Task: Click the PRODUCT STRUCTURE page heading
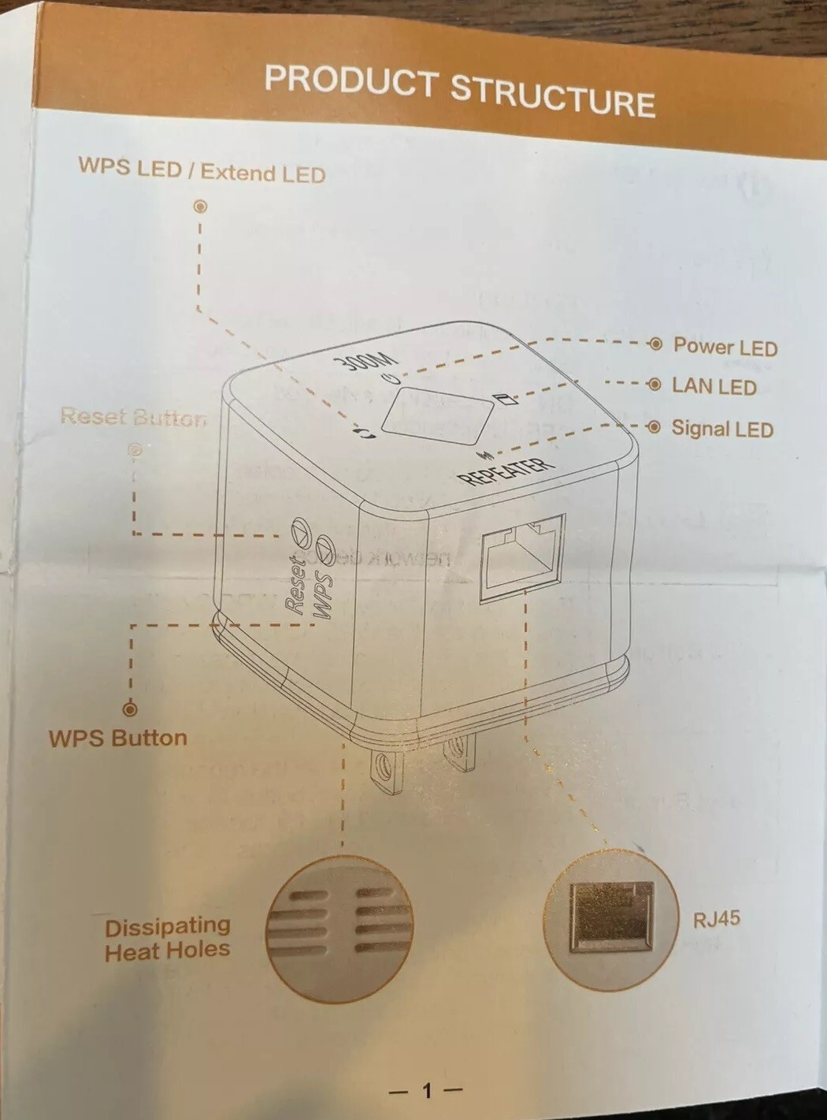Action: click(x=459, y=91)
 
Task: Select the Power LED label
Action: click(x=725, y=347)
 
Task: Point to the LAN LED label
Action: click(x=714, y=386)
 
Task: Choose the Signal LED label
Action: click(x=721, y=429)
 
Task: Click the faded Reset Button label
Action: click(x=134, y=416)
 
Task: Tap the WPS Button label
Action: click(x=118, y=739)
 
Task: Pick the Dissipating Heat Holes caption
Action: click(x=167, y=939)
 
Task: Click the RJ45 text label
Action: click(x=716, y=919)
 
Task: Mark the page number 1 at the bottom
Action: click(x=427, y=1091)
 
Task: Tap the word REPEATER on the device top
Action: click(x=506, y=470)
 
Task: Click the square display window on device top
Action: click(x=436, y=415)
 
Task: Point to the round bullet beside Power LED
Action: click(x=655, y=345)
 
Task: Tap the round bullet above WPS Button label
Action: click(x=131, y=709)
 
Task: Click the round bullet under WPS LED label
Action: click(x=201, y=207)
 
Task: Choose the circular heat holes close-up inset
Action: click(x=339, y=928)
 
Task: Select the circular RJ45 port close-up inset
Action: click(x=611, y=919)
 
